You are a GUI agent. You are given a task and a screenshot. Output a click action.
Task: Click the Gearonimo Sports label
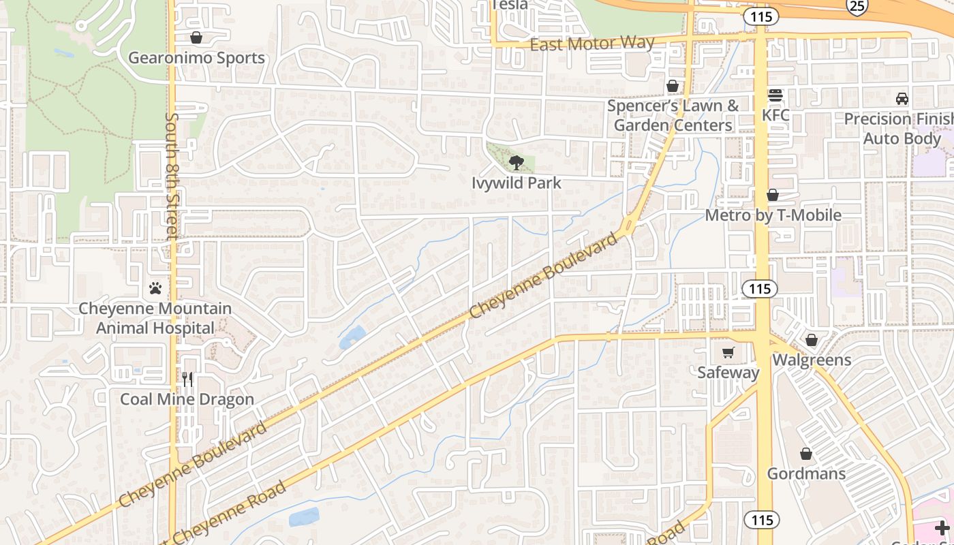tap(196, 58)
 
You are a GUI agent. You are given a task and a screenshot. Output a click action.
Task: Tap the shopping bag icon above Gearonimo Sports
tap(196, 37)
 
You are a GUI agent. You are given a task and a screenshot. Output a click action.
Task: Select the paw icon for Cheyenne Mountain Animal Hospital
tap(155, 288)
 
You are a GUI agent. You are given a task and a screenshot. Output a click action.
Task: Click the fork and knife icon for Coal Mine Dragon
tap(187, 379)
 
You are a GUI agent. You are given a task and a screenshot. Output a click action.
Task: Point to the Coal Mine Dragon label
tap(187, 399)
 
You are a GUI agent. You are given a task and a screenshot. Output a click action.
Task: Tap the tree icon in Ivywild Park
tap(517, 162)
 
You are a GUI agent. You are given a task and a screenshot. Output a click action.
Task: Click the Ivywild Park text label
tap(517, 183)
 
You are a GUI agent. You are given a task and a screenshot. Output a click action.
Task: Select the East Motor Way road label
tap(591, 44)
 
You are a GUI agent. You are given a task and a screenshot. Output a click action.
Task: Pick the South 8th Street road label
tap(172, 176)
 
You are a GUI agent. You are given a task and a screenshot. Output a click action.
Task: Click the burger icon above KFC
tap(775, 95)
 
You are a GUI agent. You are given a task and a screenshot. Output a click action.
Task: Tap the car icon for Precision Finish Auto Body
tap(902, 99)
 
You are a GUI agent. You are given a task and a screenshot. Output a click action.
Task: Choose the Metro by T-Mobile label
tap(773, 215)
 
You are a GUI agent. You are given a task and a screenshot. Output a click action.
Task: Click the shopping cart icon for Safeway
tap(728, 352)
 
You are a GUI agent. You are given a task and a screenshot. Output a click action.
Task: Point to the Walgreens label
tap(812, 360)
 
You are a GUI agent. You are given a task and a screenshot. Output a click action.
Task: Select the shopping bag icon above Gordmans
tap(806, 454)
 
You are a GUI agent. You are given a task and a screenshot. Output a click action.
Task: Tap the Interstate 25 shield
tap(857, 6)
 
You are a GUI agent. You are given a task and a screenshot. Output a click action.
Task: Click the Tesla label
tap(509, 5)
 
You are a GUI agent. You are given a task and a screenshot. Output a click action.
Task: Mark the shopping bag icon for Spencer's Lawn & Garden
tap(673, 86)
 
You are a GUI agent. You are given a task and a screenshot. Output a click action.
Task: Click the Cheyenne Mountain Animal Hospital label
tap(155, 318)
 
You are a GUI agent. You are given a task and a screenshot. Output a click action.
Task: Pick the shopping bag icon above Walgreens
tap(812, 339)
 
